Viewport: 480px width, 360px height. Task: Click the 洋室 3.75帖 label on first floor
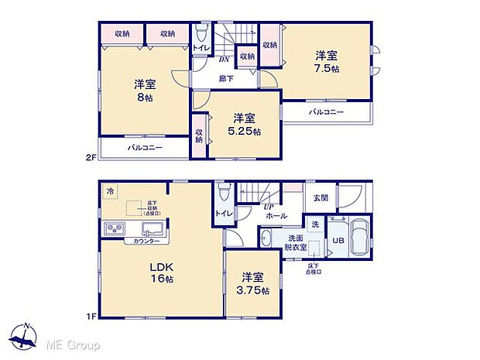click(254, 283)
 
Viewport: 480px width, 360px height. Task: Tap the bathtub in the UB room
click(362, 236)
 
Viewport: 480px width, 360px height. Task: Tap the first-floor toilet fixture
click(224, 191)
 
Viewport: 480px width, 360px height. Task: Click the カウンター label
click(146, 242)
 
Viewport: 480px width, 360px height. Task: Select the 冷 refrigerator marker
click(110, 190)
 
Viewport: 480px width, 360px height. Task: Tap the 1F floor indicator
click(90, 317)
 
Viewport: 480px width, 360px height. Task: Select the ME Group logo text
click(74, 344)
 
